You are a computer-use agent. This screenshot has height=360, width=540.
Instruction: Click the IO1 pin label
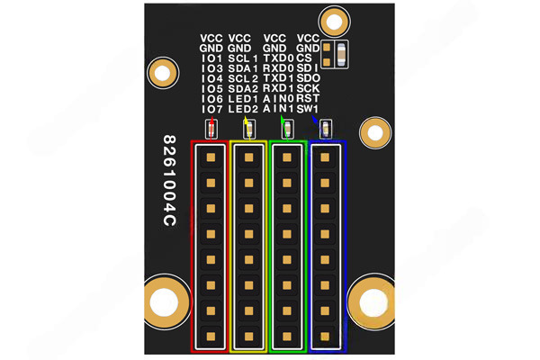click(x=211, y=58)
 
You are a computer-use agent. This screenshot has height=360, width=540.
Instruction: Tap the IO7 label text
click(x=211, y=109)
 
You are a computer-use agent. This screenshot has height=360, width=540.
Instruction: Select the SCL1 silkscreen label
click(x=244, y=58)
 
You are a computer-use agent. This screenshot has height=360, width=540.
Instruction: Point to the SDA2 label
click(x=244, y=88)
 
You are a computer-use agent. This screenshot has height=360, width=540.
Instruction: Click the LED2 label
click(x=244, y=109)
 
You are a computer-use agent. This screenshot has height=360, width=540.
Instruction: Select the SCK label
click(x=308, y=88)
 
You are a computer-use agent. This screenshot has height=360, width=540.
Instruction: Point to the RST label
click(x=308, y=98)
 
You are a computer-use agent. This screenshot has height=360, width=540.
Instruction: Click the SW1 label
click(x=308, y=109)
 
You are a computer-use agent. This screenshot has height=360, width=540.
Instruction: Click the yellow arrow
click(x=247, y=121)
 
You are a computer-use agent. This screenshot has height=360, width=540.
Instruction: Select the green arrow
click(x=283, y=120)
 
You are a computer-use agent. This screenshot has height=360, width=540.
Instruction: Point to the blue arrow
click(x=314, y=120)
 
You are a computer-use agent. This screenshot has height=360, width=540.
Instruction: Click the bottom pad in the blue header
click(x=326, y=337)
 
